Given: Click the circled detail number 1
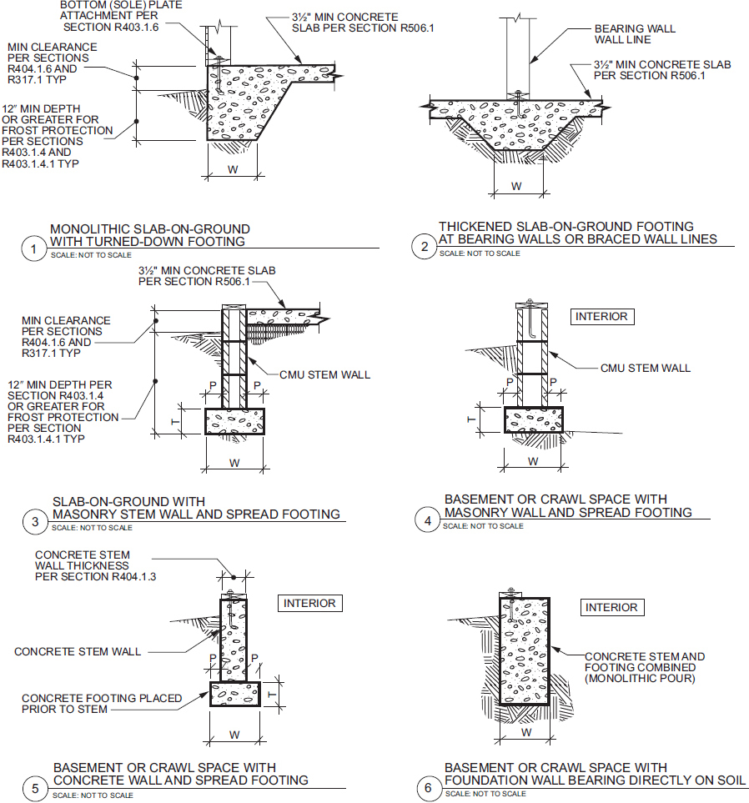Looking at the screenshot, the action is pos(34,249).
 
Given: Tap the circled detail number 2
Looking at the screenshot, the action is pos(425,247).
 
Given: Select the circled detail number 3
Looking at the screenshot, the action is pos(35,522).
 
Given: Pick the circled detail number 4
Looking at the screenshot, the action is pos(428,520).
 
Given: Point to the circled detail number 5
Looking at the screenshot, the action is pos(35,788).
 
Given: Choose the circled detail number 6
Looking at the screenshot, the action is pos(428,787).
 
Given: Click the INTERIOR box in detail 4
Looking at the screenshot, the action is pos(602,317).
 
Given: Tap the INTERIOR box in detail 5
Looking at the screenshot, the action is pos(309,603).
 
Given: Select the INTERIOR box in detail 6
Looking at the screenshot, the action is pos(611,607).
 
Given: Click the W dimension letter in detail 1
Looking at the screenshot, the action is pos(233,169).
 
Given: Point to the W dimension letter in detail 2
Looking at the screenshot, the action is pos(516,187).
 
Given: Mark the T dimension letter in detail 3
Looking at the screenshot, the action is pos(175,421).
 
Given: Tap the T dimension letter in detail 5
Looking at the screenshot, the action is pos(272,695).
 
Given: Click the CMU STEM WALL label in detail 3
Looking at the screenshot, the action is pos(324,375).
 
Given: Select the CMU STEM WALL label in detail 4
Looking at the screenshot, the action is pos(646,368).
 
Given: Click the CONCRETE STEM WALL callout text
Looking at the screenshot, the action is pos(78,651).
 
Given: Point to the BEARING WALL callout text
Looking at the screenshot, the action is pos(635,28).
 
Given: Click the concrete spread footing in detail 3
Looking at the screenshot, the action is pos(234,421).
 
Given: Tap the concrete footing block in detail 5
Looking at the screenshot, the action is pos(235,694).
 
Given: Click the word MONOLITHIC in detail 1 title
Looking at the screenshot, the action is pos(90,229).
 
